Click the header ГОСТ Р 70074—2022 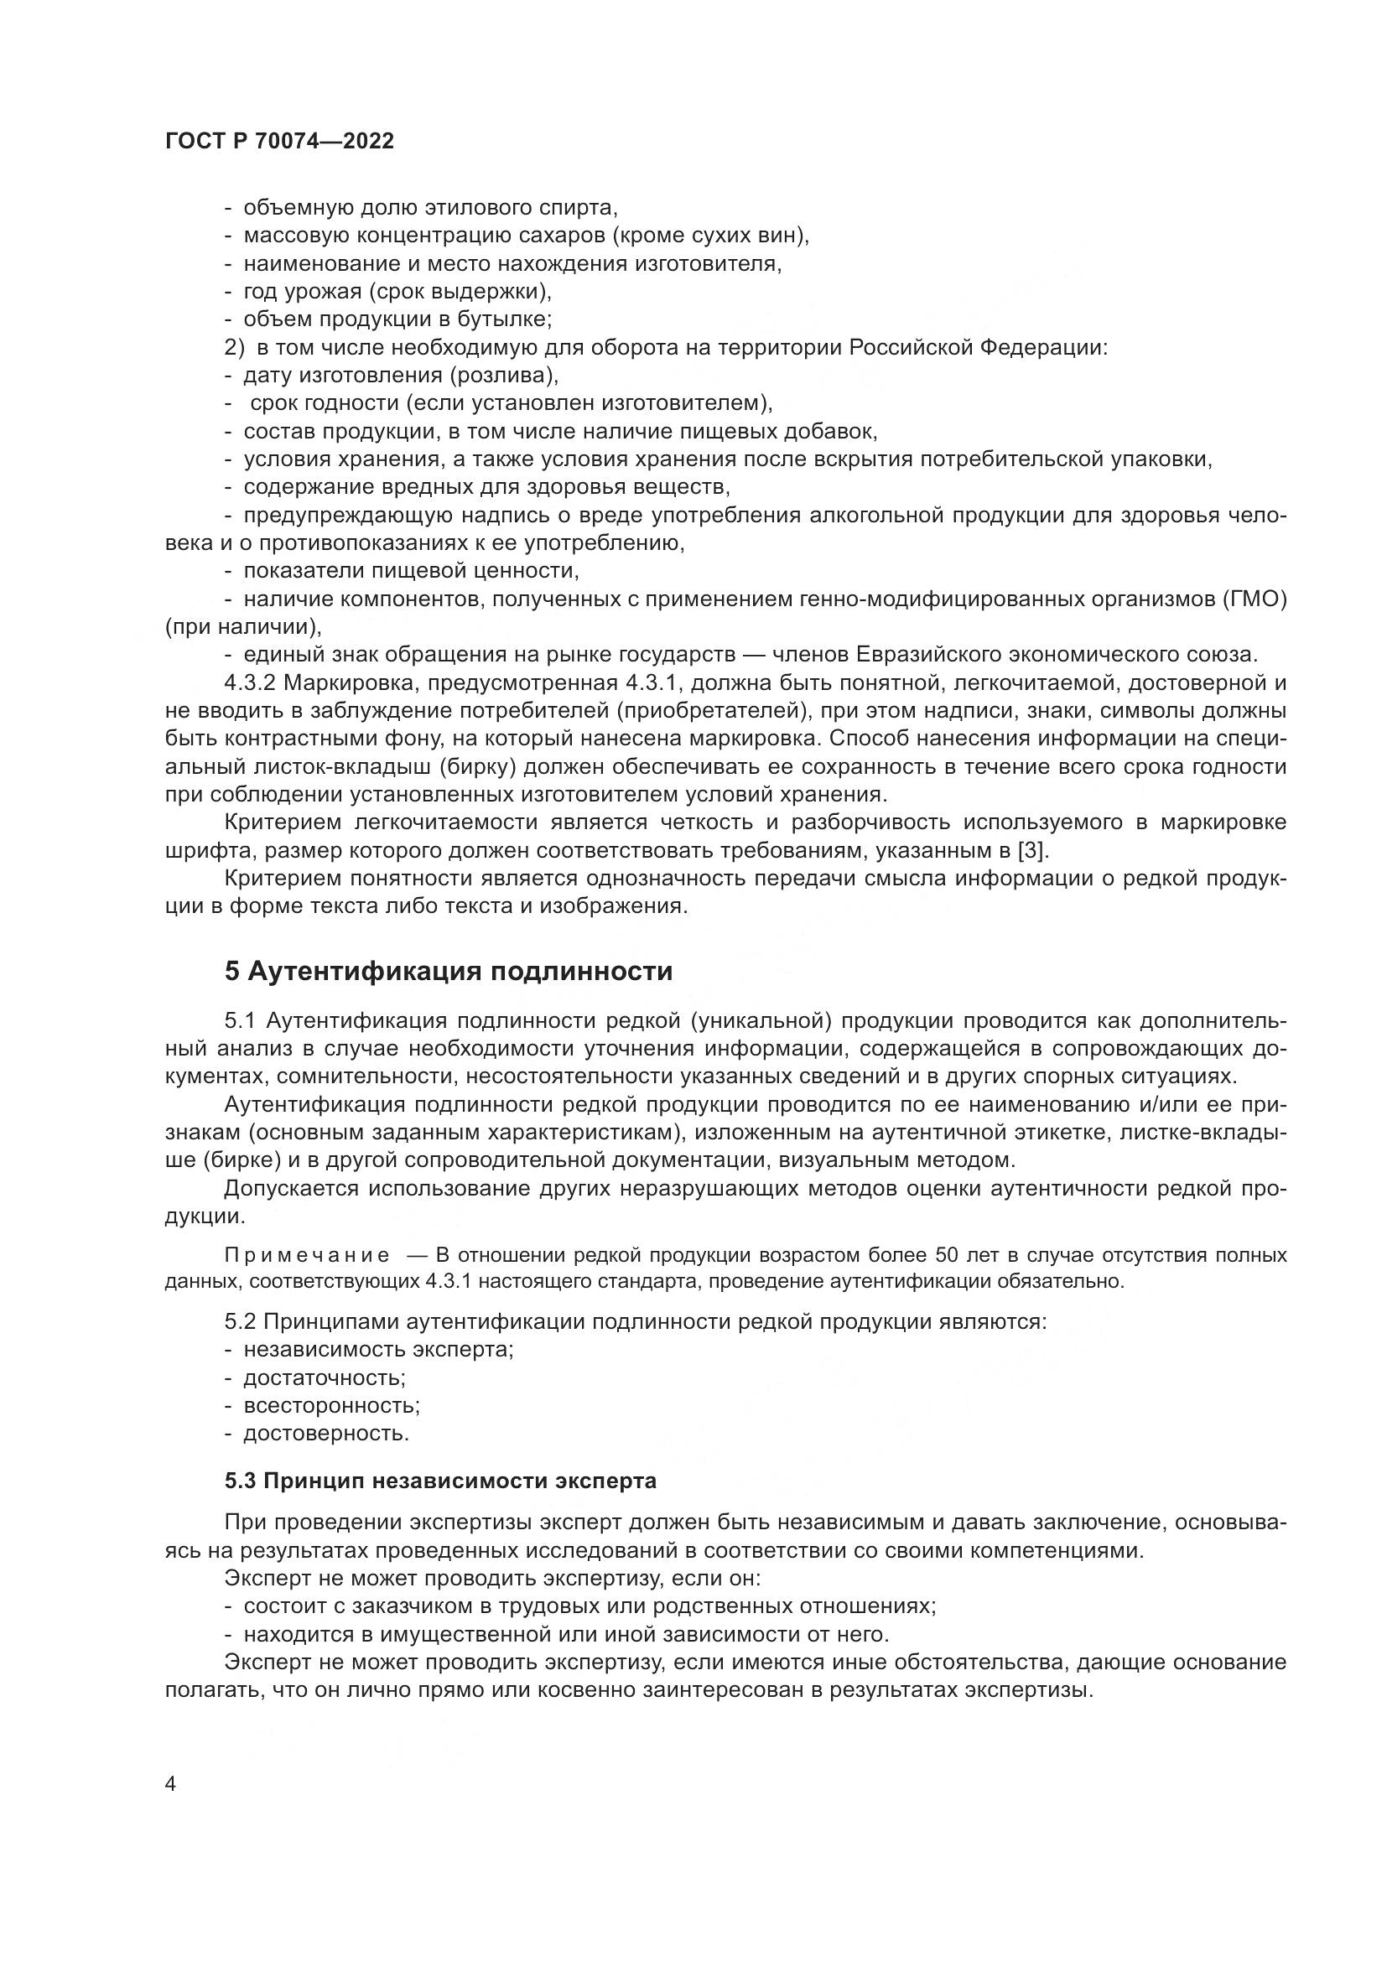tap(279, 142)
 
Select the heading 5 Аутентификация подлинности tap(449, 971)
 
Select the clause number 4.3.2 tap(250, 683)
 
